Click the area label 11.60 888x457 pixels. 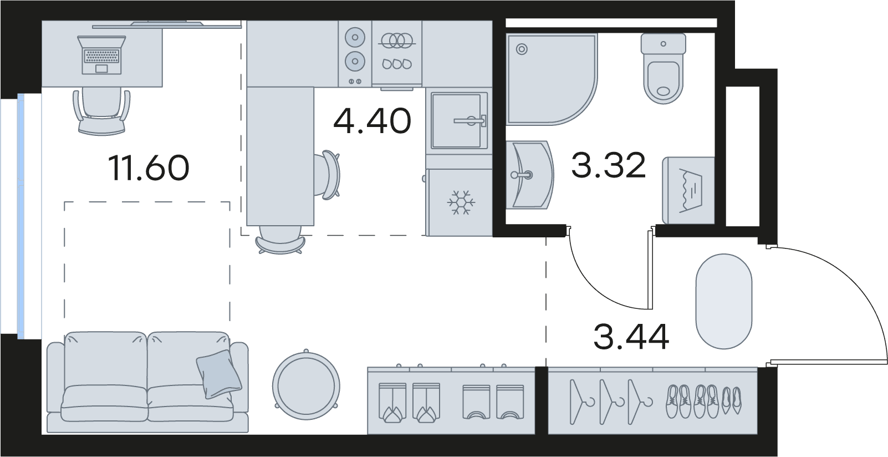click(149, 168)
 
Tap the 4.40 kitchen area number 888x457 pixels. click(372, 120)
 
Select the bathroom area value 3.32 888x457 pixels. click(609, 165)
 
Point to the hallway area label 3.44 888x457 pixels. click(631, 337)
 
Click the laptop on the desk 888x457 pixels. click(102, 55)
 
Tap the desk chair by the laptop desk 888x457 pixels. click(101, 112)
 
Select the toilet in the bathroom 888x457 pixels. click(663, 68)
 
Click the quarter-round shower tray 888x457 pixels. click(552, 79)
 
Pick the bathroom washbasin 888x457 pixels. click(530, 175)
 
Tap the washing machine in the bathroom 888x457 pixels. click(688, 190)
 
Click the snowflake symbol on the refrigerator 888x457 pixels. click(461, 203)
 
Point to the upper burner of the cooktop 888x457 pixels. click(355, 38)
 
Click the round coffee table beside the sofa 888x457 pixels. click(306, 385)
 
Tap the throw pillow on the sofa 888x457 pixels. click(219, 374)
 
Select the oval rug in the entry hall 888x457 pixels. click(724, 302)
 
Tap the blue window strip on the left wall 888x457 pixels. click(21, 216)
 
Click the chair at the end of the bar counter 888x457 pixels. click(280, 240)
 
